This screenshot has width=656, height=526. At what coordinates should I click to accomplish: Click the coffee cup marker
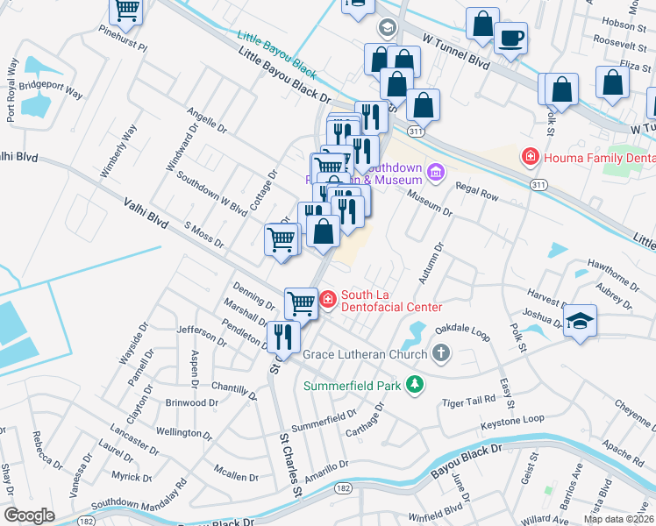[511, 38]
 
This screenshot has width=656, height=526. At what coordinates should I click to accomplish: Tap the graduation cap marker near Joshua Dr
[580, 321]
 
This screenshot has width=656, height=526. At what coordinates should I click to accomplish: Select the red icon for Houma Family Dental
[530, 157]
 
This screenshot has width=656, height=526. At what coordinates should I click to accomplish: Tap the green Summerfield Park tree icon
[417, 385]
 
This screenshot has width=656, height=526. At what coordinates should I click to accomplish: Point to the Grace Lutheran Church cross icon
[440, 354]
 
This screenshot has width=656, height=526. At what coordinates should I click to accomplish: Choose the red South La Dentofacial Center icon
[328, 301]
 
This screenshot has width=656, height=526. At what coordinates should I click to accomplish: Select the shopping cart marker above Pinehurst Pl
[126, 11]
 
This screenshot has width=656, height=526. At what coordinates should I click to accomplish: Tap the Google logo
[29, 515]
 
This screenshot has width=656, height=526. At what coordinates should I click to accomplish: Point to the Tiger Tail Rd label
[469, 400]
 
